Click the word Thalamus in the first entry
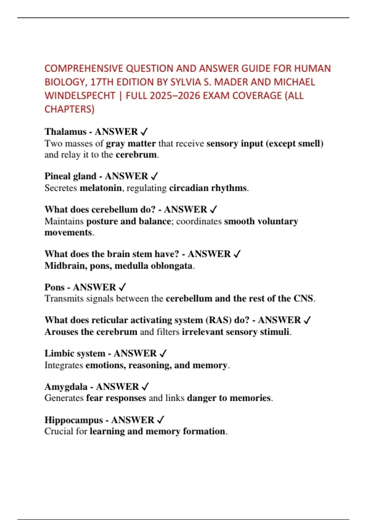pos(65,132)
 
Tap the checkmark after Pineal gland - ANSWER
pos(154,176)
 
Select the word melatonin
pos(101,188)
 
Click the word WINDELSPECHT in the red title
pos(80,96)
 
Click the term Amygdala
pos(66,387)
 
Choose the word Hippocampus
pos(73,420)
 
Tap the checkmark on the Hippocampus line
pos(161,420)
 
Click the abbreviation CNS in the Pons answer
pos(303,299)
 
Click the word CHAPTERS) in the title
pos(69,109)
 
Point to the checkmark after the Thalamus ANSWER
pos(144,132)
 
